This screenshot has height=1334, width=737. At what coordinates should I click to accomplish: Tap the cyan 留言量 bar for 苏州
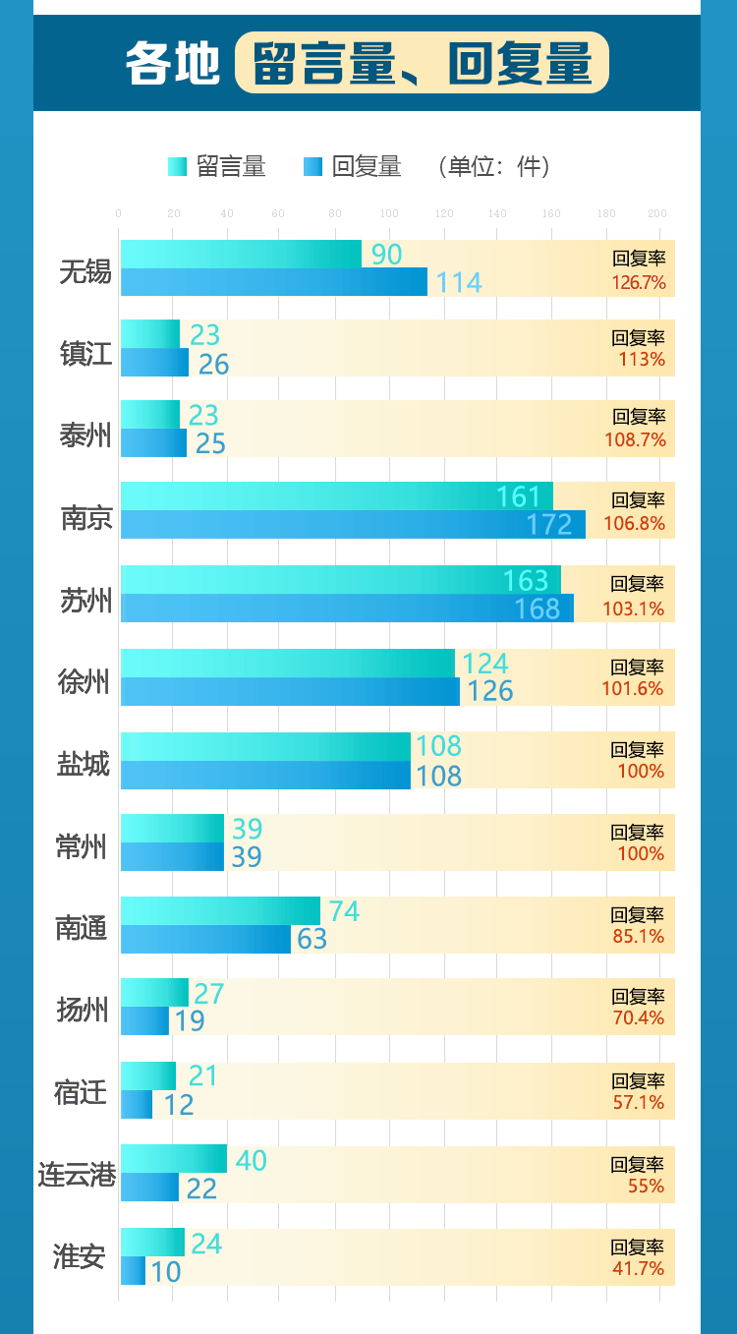(x=340, y=579)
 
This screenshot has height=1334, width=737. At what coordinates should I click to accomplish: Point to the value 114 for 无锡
(x=459, y=283)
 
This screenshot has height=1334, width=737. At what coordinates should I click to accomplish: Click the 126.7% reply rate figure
(x=639, y=283)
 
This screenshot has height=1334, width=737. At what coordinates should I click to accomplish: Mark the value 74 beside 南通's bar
(x=344, y=911)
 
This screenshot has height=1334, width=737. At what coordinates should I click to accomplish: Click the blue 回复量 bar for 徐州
(x=290, y=691)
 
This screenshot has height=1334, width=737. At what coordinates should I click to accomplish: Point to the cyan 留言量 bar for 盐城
(x=265, y=746)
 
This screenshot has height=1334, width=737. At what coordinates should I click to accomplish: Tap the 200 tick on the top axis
(x=657, y=213)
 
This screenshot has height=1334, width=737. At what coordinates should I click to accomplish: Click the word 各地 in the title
(x=172, y=64)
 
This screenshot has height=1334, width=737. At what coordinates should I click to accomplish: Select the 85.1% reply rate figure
(x=639, y=937)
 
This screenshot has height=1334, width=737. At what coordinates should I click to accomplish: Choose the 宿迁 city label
(x=81, y=1091)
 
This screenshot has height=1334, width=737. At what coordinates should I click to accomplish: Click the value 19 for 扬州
(x=189, y=1021)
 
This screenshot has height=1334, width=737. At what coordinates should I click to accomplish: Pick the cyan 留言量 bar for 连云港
(x=174, y=1159)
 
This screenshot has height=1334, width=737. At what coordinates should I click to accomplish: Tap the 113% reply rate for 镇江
(x=642, y=360)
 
